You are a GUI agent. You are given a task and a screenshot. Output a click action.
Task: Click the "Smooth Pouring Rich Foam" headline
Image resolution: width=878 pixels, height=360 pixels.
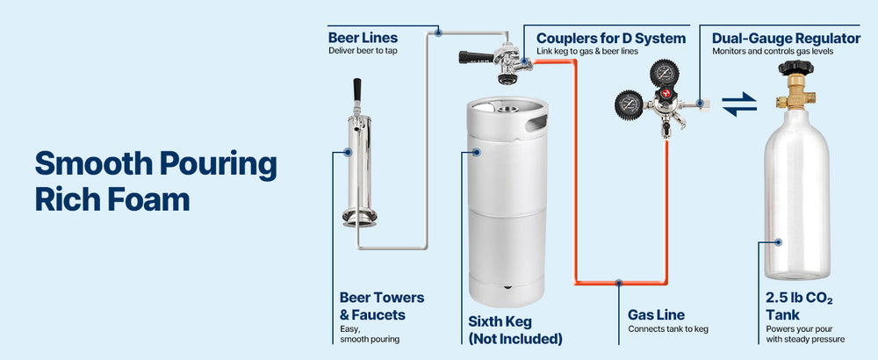click(155, 181)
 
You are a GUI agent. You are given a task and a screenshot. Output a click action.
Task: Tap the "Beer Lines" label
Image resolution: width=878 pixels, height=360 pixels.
click(363, 38)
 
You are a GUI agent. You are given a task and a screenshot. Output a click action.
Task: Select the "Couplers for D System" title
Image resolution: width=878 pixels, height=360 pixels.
click(611, 39)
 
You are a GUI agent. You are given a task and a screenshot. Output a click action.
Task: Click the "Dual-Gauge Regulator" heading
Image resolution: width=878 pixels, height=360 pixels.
click(786, 39)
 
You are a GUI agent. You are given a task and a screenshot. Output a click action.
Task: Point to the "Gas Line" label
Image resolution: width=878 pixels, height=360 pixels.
click(656, 314)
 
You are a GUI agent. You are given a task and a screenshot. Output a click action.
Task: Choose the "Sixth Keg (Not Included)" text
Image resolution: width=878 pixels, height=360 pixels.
click(515, 330)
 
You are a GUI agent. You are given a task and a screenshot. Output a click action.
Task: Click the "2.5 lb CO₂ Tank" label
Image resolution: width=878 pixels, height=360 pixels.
click(799, 306)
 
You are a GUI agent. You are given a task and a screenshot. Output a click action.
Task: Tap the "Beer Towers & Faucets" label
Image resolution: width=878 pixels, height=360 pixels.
click(382, 306)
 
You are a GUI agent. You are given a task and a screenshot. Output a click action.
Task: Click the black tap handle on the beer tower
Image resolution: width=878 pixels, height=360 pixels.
click(356, 90)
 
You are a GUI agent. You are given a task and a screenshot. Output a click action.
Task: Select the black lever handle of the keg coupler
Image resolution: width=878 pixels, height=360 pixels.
click(476, 56)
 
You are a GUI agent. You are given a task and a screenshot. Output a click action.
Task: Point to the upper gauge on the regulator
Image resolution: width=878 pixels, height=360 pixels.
click(665, 72)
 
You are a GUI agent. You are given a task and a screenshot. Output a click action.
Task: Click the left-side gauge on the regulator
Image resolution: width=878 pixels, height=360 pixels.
click(629, 104)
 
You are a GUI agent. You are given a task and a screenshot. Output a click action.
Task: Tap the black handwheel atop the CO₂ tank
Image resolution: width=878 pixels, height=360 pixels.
click(795, 68)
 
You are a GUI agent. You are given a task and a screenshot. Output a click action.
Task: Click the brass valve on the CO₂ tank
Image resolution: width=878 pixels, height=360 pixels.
click(795, 92)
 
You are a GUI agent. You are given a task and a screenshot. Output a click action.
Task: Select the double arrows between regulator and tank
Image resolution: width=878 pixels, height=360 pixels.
click(739, 104)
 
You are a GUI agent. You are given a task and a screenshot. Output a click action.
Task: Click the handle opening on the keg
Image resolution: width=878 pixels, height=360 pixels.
click(536, 122)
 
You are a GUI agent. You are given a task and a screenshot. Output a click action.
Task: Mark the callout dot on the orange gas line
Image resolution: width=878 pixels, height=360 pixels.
click(619, 283)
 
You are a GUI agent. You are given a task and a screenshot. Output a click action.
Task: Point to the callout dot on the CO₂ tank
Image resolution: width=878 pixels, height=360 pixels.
click(778, 241)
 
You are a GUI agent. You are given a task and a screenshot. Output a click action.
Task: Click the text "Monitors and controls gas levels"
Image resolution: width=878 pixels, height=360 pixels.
click(773, 52)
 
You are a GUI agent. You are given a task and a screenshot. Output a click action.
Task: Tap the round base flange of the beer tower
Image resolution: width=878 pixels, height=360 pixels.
click(359, 215)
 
